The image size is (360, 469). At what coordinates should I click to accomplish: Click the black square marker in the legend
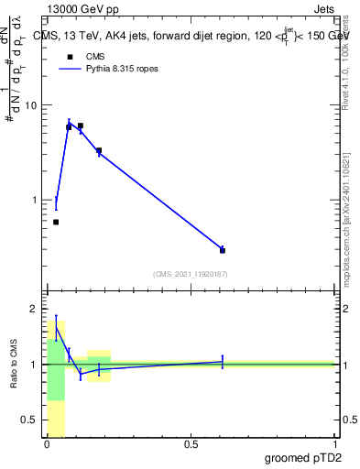click(x=69, y=56)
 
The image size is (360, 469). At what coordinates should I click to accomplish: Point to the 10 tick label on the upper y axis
click(x=32, y=105)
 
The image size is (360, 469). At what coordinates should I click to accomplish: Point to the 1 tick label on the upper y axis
click(x=35, y=200)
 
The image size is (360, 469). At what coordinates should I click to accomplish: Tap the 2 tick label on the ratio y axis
click(x=35, y=309)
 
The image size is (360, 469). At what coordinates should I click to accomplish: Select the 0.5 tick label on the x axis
click(x=191, y=445)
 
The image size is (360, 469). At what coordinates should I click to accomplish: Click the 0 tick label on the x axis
click(x=47, y=445)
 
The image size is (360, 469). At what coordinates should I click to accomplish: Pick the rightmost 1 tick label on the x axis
click(x=334, y=445)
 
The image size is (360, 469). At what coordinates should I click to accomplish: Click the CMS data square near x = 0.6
click(x=223, y=249)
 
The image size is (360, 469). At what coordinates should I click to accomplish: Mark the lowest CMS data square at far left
click(x=56, y=222)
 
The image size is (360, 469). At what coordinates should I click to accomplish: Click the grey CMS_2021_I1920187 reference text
click(x=191, y=273)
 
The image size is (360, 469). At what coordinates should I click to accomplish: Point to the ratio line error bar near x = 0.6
click(x=223, y=362)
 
